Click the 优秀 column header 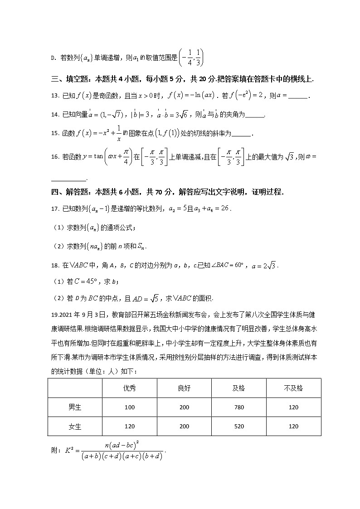pyautogui.click(x=130, y=388)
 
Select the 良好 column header pyautogui.click(x=184, y=388)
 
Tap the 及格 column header pyautogui.click(x=239, y=388)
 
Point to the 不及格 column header pyautogui.click(x=293, y=388)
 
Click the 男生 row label pyautogui.click(x=75, y=407)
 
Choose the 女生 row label pyautogui.click(x=75, y=426)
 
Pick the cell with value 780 pyautogui.click(x=239, y=407)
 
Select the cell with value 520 pyautogui.click(x=239, y=426)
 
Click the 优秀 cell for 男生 pyautogui.click(x=130, y=407)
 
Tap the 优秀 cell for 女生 pyautogui.click(x=130, y=426)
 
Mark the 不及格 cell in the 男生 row pyautogui.click(x=293, y=407)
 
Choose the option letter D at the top pyautogui.click(x=53, y=58)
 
